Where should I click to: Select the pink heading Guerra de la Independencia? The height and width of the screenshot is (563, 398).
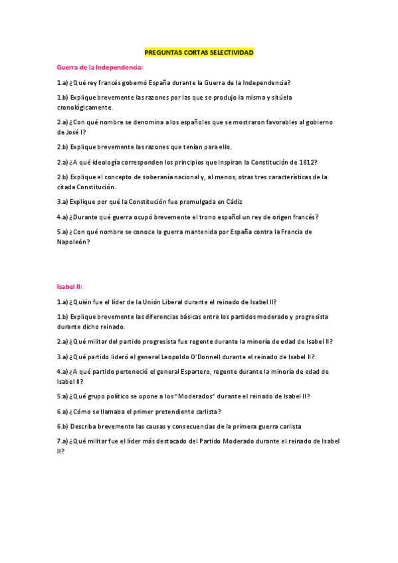(100, 67)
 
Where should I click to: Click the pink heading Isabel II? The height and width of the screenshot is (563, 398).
(69, 287)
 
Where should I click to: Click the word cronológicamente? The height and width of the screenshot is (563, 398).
(85, 107)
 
